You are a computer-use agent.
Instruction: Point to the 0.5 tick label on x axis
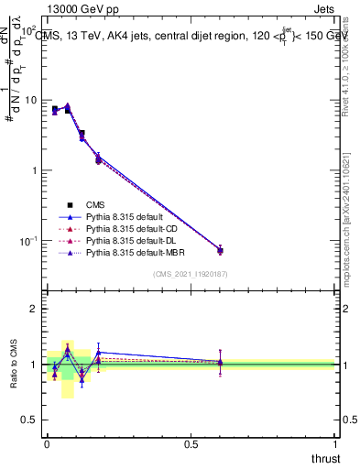tap(191, 445)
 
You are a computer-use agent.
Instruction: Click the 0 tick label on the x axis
tap(47, 445)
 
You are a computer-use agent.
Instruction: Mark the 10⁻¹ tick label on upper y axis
tap(27, 241)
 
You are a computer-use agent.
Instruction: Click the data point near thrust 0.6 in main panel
tap(220, 250)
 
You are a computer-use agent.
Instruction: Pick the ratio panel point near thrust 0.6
tap(220, 363)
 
